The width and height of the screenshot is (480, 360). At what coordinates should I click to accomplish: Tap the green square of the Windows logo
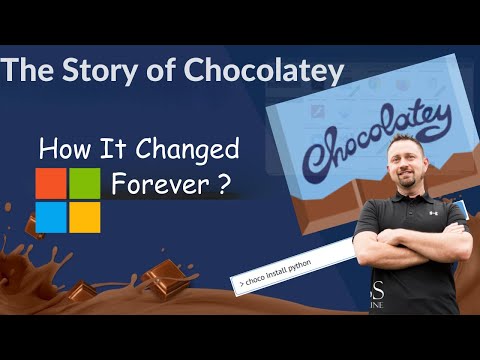[84, 182]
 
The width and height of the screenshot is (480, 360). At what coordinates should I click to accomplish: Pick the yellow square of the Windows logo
[84, 215]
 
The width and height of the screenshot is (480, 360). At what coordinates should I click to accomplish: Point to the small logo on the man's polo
[433, 212]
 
